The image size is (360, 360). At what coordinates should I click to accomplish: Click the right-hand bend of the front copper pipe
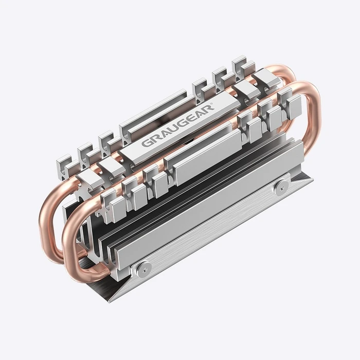[309, 118]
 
